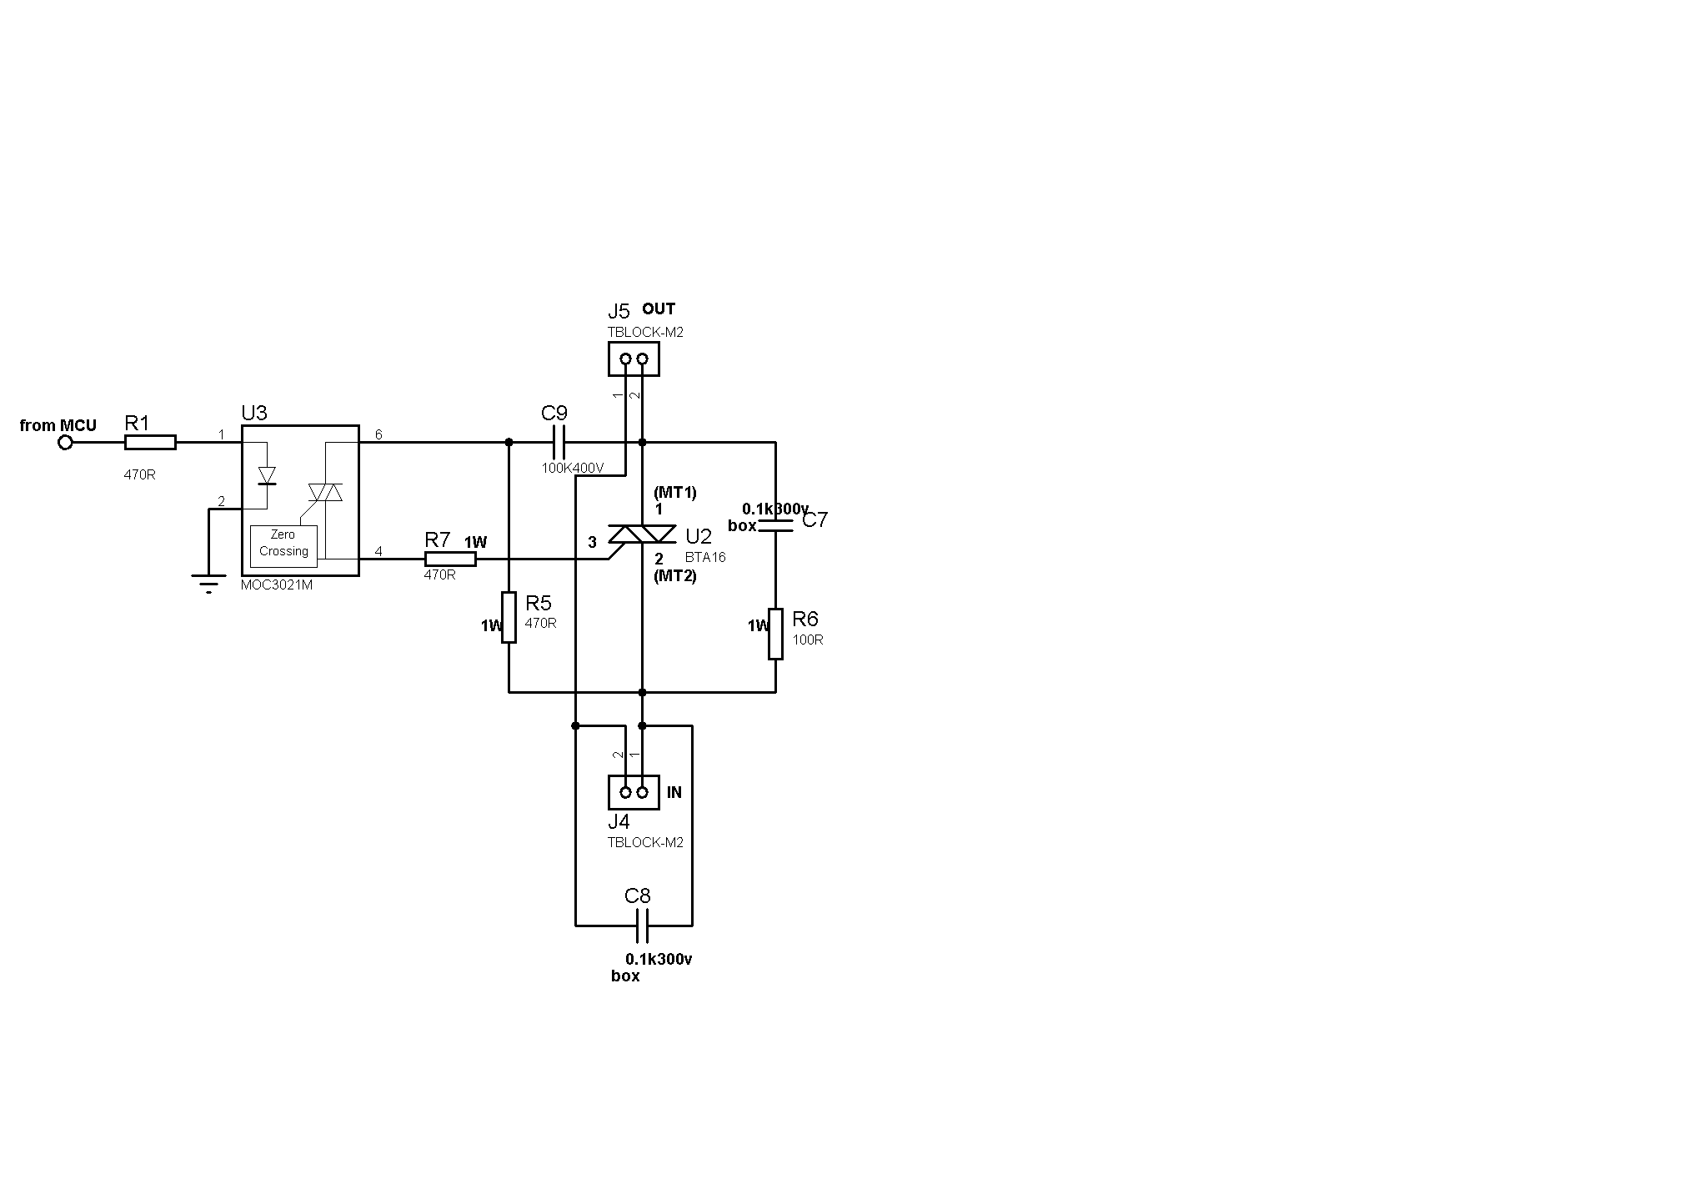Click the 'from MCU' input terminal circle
coord(65,443)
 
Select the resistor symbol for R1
coord(150,443)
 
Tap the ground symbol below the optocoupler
coord(208,582)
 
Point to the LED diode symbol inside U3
coord(267,475)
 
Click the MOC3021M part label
coord(276,585)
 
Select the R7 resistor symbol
coord(450,559)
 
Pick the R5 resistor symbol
coord(509,617)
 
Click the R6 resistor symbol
coord(775,634)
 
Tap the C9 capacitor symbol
coord(559,442)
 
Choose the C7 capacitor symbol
coord(775,525)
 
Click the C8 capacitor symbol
coord(642,926)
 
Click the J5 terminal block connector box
coord(634,359)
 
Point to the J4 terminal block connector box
coord(634,792)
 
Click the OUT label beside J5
coord(659,309)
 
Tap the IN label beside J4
coord(674,792)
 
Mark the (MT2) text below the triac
coord(675,575)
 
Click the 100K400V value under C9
coord(573,468)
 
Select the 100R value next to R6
coord(808,640)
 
